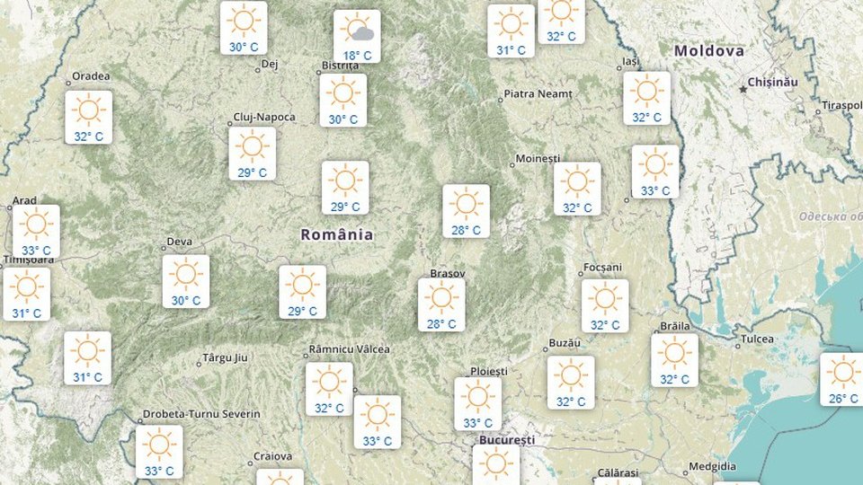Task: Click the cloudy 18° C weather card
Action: click(x=357, y=36)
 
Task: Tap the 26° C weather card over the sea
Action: click(x=842, y=379)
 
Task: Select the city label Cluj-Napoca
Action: click(x=258, y=117)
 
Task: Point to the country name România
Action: click(x=337, y=234)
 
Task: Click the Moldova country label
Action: click(x=709, y=51)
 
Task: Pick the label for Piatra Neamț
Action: click(x=538, y=93)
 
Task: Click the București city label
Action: click(x=504, y=440)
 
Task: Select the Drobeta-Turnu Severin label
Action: click(x=200, y=414)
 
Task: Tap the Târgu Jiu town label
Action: click(x=224, y=358)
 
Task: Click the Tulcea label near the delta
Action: click(x=757, y=340)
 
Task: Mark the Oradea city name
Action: click(x=91, y=75)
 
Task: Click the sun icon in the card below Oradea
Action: click(x=88, y=110)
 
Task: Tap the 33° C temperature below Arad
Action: click(x=36, y=250)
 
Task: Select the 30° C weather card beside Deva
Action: click(x=186, y=281)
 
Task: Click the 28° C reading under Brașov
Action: click(x=441, y=324)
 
